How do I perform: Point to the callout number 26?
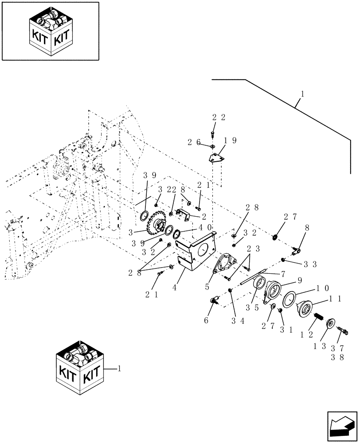pos(193,142)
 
